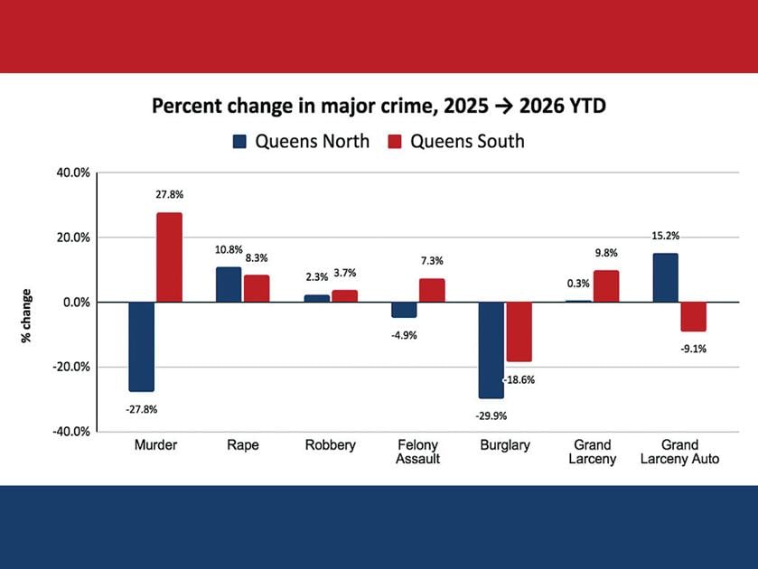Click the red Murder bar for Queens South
[169, 257]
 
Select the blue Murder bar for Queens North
[142, 347]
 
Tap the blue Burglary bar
[491, 350]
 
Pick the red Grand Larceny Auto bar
[694, 317]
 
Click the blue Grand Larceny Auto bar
[666, 277]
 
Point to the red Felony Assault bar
[432, 290]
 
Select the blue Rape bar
[229, 284]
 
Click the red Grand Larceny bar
[606, 286]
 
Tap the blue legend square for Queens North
[239, 141]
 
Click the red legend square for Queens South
[395, 141]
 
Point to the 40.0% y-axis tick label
[73, 173]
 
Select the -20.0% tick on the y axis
[71, 367]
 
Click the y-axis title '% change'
[26, 316]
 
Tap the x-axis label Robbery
[330, 444]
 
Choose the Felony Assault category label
[417, 452]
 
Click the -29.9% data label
[491, 415]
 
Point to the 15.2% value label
[666, 236]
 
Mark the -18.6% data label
[519, 380]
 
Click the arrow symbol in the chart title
[504, 107]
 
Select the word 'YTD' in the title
[586, 106]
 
